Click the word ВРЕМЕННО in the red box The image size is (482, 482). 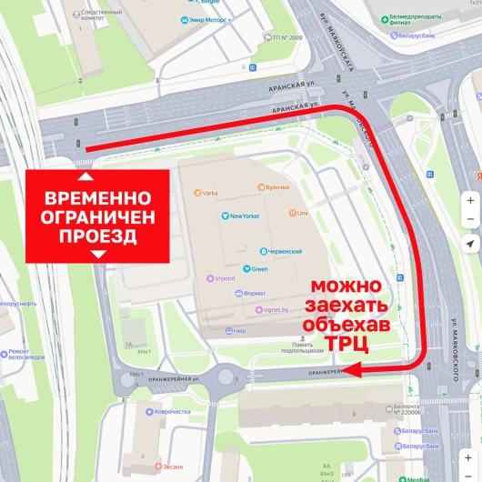[98, 197]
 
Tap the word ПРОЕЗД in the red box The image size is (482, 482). [98, 236]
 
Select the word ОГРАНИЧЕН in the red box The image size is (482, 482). [98, 217]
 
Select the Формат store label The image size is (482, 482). [252, 294]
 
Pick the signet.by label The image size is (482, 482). [275, 309]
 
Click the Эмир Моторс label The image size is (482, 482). [211, 19]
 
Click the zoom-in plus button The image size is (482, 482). [469, 200]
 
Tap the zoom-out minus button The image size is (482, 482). [469, 219]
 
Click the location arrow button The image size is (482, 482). [469, 245]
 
